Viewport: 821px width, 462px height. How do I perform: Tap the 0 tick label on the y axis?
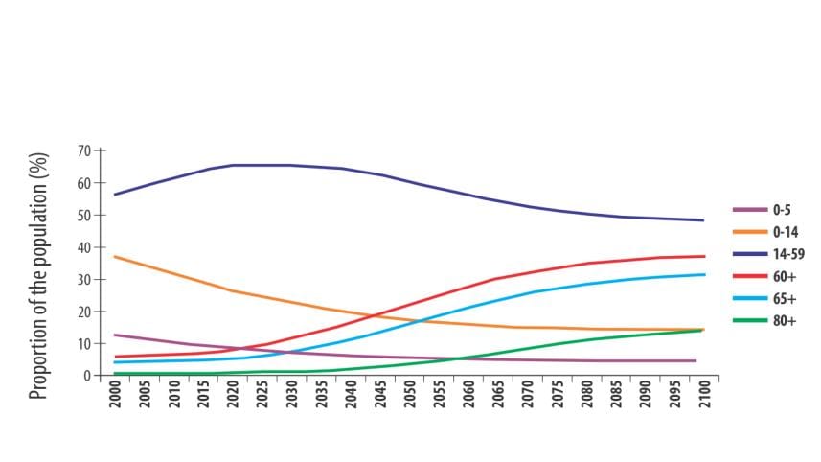(87, 376)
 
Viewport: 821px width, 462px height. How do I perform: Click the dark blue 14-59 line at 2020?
(233, 165)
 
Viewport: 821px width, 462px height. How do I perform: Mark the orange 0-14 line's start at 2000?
(115, 257)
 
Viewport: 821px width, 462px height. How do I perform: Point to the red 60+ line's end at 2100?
(704, 256)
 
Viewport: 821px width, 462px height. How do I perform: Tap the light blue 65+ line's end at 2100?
(704, 275)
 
